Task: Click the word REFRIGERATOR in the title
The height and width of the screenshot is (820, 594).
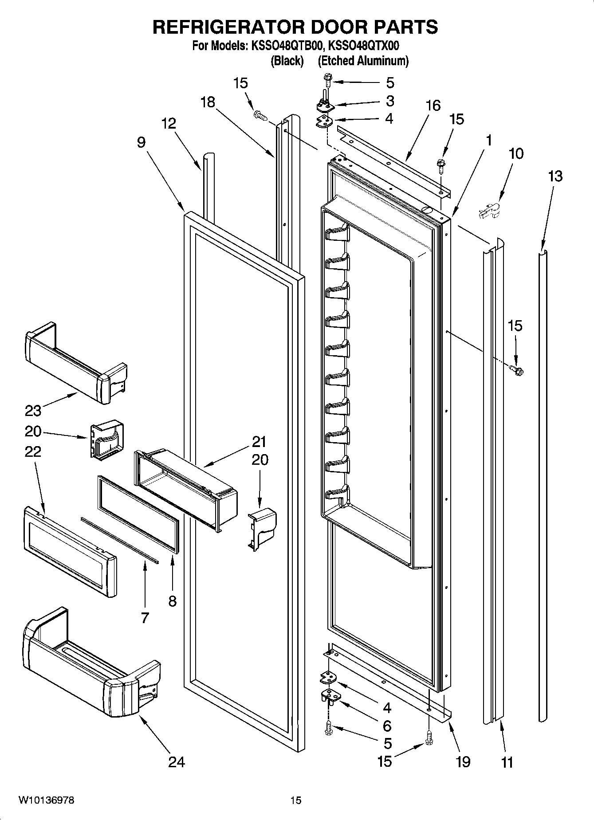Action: [x=228, y=27]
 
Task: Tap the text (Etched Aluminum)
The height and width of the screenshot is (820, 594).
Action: [x=363, y=61]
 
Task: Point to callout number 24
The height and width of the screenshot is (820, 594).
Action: [x=177, y=762]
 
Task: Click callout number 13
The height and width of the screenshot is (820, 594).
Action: [x=555, y=176]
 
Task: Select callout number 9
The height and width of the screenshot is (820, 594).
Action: [x=141, y=142]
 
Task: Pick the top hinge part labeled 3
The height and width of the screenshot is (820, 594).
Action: [x=325, y=105]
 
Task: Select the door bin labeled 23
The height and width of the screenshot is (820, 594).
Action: [x=75, y=361]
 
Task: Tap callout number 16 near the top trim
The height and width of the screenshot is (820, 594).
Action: [x=433, y=106]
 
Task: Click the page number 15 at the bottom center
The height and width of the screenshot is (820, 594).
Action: [x=296, y=800]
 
